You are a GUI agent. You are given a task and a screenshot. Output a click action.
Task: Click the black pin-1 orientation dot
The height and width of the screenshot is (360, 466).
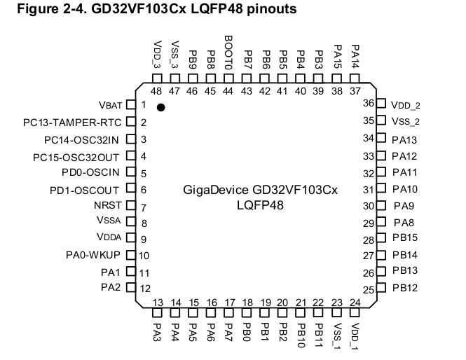pos(161,107)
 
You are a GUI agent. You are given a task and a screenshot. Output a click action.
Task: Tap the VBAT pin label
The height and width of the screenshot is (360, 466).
pos(111,105)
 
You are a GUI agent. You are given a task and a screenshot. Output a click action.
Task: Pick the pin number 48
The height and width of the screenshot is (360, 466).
pos(156,91)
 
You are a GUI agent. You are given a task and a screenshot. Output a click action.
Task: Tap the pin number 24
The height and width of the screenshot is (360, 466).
pos(355,303)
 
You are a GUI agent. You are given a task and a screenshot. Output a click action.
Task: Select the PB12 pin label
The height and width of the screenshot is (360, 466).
pos(405,288)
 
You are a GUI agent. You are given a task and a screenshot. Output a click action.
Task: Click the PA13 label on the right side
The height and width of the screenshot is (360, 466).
pos(405,139)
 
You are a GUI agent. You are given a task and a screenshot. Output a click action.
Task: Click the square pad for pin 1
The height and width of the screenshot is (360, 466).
pos(130,105)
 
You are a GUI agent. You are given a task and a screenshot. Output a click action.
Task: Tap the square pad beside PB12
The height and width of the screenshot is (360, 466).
pos(382,288)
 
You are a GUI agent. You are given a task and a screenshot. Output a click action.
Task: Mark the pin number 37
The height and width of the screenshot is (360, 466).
pos(355,91)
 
